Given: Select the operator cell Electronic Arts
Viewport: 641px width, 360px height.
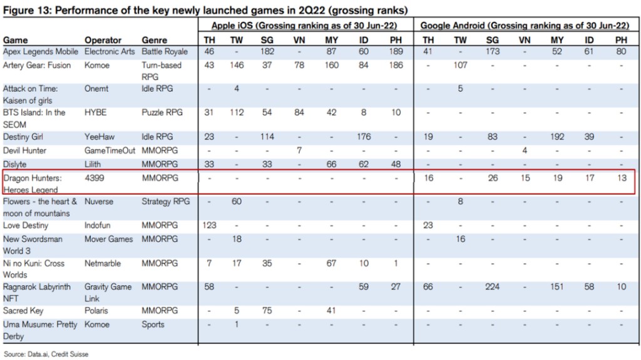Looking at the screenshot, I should click(x=109, y=51).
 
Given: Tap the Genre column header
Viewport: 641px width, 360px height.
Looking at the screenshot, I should click(x=154, y=40).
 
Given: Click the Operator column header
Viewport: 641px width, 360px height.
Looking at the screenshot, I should click(x=103, y=40).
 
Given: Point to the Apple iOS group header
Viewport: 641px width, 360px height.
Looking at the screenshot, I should click(x=304, y=26).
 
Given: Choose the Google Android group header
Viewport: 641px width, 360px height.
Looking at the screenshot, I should click(x=525, y=26).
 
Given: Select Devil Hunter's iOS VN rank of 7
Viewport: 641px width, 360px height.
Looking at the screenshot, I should click(x=300, y=151).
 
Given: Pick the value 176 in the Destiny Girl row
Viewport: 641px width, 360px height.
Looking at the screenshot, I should click(x=363, y=136).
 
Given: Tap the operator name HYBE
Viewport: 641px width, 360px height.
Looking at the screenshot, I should click(x=96, y=113).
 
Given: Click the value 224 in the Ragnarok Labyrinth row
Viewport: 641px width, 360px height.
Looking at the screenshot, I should click(x=493, y=287).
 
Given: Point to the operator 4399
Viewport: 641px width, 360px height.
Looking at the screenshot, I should click(x=95, y=178).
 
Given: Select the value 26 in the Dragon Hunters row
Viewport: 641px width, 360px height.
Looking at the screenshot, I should click(x=493, y=178).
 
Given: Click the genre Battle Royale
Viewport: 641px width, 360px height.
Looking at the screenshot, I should click(x=164, y=51).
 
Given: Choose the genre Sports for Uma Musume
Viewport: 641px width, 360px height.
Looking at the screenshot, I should click(x=153, y=324).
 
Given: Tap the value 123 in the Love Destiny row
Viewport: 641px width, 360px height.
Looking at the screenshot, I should click(x=210, y=225).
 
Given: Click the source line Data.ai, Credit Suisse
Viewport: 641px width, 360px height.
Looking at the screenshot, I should click(x=46, y=354).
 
